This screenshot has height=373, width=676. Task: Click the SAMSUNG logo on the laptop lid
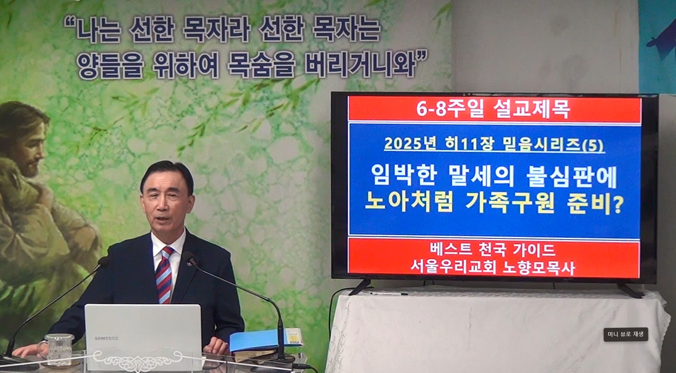point(106,338)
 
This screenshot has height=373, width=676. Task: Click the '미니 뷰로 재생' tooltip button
point(625,334)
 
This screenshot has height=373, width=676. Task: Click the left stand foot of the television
point(359,287)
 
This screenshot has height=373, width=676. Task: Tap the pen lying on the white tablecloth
point(389,294)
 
